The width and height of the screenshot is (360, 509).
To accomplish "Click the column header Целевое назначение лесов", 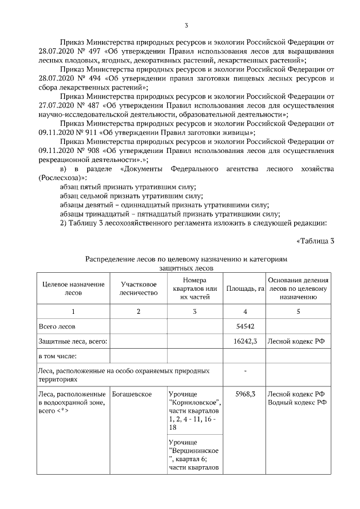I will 73,289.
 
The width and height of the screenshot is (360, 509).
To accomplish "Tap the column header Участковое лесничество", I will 138,289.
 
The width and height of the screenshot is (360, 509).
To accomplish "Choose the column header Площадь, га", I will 245,289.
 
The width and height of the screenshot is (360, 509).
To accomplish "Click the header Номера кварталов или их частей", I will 195,289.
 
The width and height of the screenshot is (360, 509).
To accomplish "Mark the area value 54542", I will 244,326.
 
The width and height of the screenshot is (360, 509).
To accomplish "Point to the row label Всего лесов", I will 56,326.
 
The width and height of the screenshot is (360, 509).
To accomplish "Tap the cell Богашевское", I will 132,394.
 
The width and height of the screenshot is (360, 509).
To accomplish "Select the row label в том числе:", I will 57,355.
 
